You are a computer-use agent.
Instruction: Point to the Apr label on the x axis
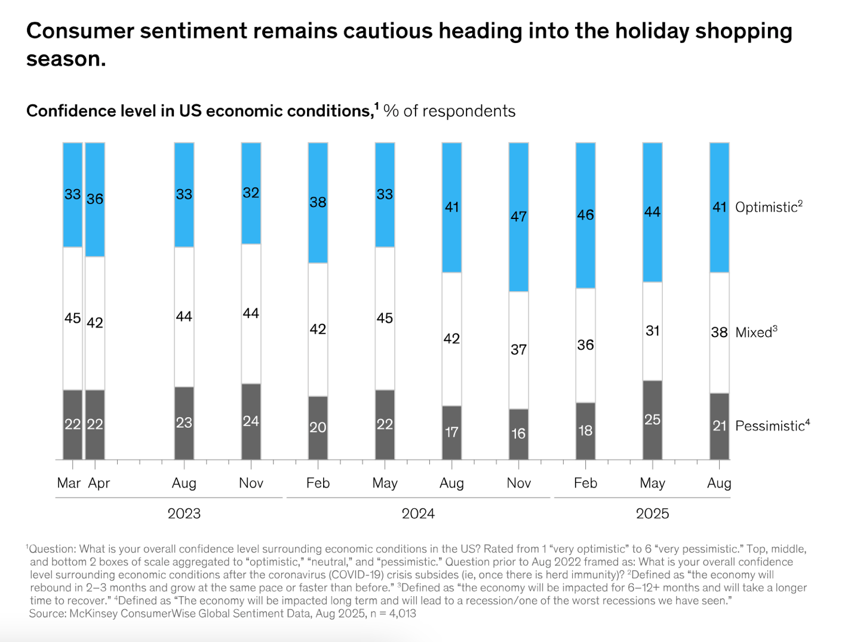click(99, 483)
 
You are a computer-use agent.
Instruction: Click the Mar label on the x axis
click(69, 483)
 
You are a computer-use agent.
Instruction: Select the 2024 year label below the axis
click(418, 513)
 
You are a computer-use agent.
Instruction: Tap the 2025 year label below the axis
click(652, 513)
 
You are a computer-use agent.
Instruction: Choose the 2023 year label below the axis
click(184, 513)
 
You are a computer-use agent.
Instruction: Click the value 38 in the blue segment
click(318, 202)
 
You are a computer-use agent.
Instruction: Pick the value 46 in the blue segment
click(585, 215)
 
